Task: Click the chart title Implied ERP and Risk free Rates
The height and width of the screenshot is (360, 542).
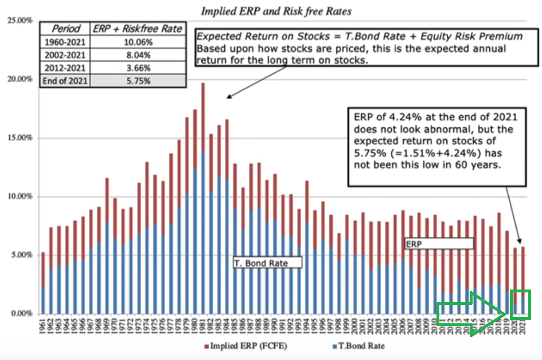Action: [x=276, y=11]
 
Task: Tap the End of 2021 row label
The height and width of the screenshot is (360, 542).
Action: [x=65, y=81]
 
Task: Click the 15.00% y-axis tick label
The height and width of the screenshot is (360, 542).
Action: [x=20, y=138]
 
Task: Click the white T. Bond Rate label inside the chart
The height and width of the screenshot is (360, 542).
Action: [x=268, y=263]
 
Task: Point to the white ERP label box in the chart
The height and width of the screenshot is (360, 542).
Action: [x=439, y=244]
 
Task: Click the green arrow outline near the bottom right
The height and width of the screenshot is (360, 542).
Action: [x=474, y=313]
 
